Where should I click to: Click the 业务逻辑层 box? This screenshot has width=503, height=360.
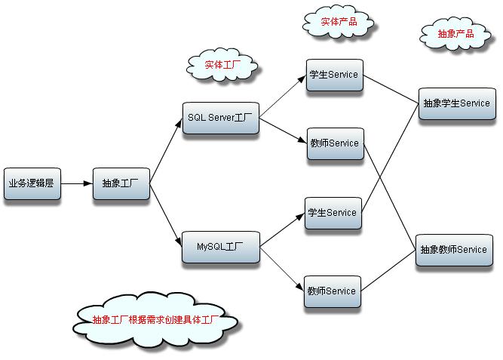click(x=32, y=183)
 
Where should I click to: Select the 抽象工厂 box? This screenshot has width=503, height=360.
click(x=121, y=183)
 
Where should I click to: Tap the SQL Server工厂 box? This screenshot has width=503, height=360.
click(x=220, y=118)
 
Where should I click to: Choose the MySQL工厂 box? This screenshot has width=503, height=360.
click(x=220, y=247)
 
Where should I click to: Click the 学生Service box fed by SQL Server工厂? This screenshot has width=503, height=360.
click(x=333, y=75)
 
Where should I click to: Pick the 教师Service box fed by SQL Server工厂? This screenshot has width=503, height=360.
click(x=333, y=143)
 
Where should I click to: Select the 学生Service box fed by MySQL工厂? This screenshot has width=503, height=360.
click(x=332, y=213)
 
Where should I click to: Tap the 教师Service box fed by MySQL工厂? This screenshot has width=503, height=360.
click(x=332, y=291)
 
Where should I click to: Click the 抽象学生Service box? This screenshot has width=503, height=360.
click(x=456, y=103)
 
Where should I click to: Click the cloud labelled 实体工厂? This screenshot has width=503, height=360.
click(x=222, y=66)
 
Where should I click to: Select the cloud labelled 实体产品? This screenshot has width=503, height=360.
click(x=339, y=23)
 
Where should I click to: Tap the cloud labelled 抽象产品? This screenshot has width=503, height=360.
click(x=455, y=34)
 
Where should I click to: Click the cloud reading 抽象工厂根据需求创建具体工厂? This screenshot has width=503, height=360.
click(x=156, y=320)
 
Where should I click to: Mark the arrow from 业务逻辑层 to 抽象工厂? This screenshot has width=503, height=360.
click(x=76, y=183)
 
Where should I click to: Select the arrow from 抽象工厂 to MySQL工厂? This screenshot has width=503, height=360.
click(x=166, y=214)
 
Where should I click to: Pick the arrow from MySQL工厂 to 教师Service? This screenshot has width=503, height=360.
click(x=282, y=268)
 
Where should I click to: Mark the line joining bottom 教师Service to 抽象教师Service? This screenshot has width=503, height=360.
click(x=388, y=271)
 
